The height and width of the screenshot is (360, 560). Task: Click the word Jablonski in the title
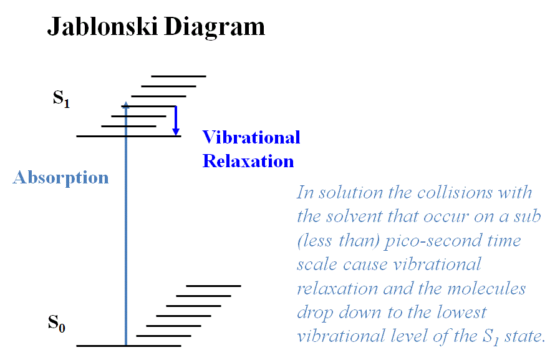tap(102, 27)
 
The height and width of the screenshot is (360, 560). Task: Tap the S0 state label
tap(56, 323)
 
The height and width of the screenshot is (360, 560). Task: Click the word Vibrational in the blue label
tap(251, 137)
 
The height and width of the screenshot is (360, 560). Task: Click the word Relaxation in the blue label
tap(248, 161)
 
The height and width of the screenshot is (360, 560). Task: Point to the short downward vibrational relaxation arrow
tap(176, 120)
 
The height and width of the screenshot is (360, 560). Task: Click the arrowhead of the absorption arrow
tap(126, 104)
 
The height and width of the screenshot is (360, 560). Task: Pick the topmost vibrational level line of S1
tap(178, 76)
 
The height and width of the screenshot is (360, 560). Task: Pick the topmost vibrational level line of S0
tap(213, 286)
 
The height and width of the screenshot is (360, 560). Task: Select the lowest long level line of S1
tap(128, 136)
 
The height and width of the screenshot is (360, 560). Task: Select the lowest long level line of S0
tap(128, 346)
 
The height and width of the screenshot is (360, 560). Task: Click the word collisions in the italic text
tap(455, 193)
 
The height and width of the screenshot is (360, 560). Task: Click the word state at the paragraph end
tap(524, 336)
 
